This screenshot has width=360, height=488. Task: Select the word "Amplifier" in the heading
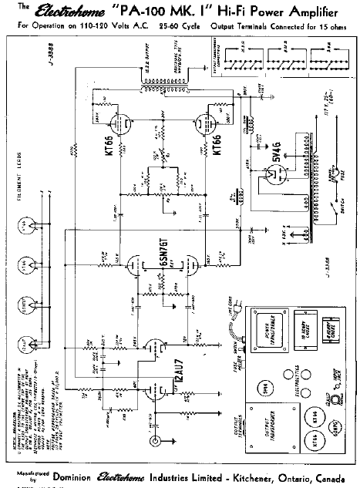[316, 11]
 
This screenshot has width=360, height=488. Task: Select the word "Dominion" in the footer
[74, 476]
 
